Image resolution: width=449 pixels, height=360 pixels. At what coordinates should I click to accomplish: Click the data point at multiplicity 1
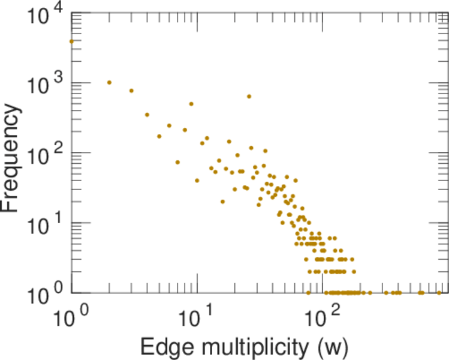(x=72, y=41)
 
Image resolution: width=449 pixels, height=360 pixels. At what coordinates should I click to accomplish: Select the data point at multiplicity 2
(x=109, y=82)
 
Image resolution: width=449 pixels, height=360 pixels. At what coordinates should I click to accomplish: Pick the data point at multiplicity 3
(x=131, y=91)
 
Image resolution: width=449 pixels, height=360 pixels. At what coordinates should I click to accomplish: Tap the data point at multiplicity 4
(x=147, y=115)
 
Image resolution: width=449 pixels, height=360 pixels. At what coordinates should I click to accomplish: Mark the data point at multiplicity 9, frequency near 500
(x=191, y=104)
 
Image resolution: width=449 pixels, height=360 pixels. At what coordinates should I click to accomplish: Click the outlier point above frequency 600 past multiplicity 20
(x=249, y=96)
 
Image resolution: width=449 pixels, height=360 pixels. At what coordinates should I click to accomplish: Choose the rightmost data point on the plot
(x=439, y=293)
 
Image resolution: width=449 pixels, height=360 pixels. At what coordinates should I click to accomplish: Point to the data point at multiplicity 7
(x=177, y=162)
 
